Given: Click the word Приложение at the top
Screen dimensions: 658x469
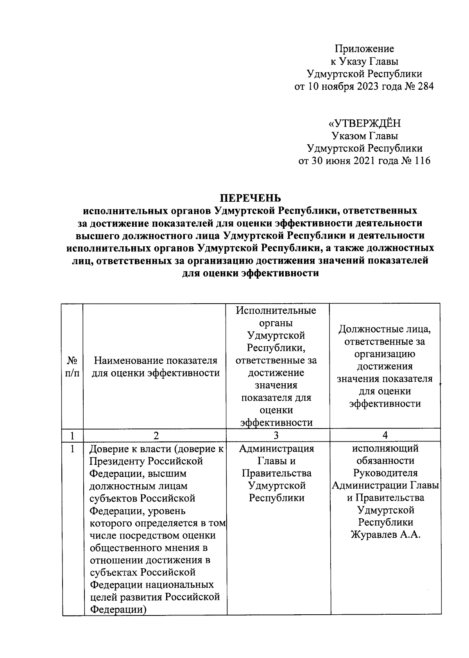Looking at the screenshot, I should [364, 49].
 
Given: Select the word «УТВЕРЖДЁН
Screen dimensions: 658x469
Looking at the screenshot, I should [364, 124].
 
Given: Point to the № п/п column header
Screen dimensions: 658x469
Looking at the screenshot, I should [72, 366].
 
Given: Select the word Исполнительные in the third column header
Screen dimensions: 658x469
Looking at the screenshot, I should [276, 311].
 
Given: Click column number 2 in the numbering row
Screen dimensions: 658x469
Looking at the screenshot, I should [156, 435].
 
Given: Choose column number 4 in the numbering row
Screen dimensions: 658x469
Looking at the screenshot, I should [385, 435].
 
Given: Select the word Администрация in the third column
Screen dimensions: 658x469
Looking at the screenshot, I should [276, 448].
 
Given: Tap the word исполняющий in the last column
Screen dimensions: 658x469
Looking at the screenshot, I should [385, 448].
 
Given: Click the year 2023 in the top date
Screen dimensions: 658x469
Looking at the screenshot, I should [367, 86].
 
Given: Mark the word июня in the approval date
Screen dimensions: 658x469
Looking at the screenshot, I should [340, 161].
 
